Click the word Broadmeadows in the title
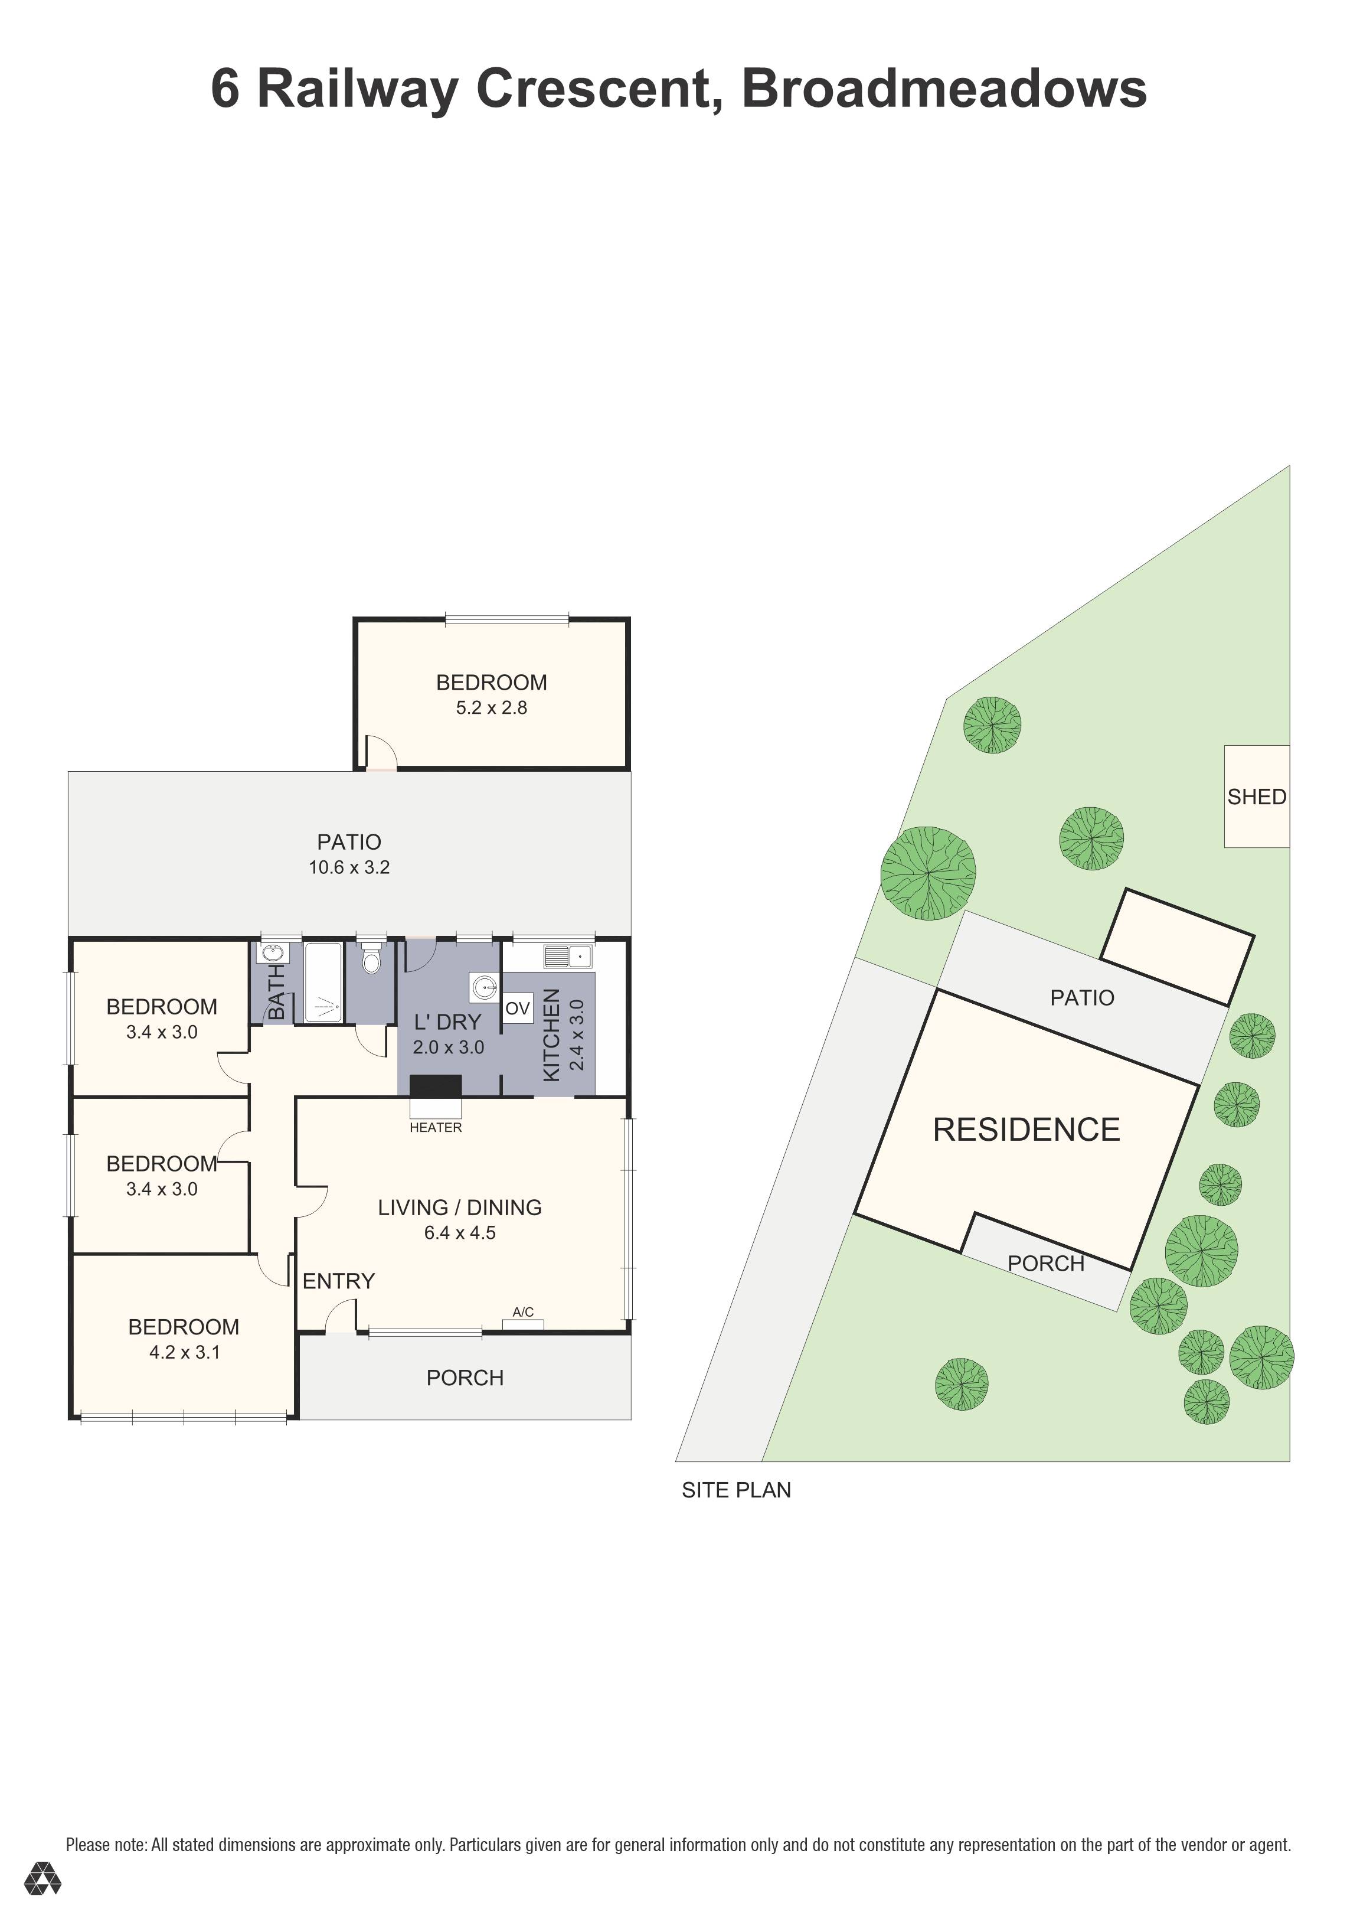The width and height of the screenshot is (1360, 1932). coord(944,89)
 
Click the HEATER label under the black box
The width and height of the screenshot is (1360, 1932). coord(436,1128)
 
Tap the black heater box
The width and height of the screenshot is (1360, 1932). coord(436,1085)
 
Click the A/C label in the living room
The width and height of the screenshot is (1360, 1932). coord(523,1312)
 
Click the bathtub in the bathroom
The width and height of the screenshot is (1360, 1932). coord(323,982)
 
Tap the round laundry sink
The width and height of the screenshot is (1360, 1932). coord(485,987)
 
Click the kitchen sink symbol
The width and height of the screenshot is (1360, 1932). coord(568,957)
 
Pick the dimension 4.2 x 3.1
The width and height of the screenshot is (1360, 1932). coord(184,1352)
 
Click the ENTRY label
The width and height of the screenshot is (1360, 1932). coord(338,1281)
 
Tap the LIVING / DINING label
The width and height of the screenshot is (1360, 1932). coord(459,1207)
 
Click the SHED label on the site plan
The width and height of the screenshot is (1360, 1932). coord(1257,797)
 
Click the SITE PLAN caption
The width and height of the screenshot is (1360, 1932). coord(736,1490)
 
